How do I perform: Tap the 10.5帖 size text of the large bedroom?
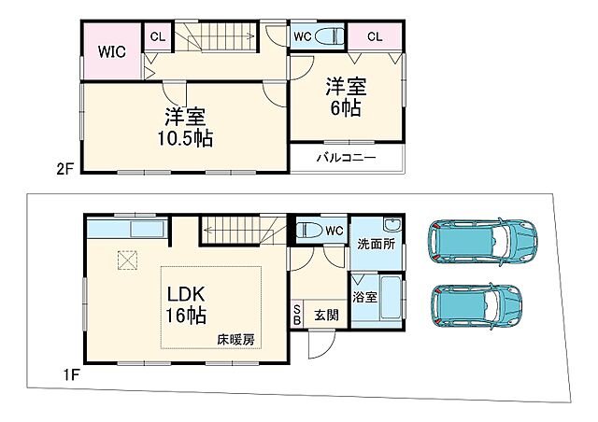tap(185, 138)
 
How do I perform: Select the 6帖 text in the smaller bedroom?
tap(346, 108)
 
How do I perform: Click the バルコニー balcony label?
tap(345, 157)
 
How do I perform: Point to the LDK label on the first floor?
tap(186, 293)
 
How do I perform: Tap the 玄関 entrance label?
tap(326, 316)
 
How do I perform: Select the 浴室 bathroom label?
tap(363, 298)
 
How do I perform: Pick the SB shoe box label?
tap(298, 315)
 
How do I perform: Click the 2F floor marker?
tap(63, 168)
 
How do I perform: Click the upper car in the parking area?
tap(483, 243)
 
